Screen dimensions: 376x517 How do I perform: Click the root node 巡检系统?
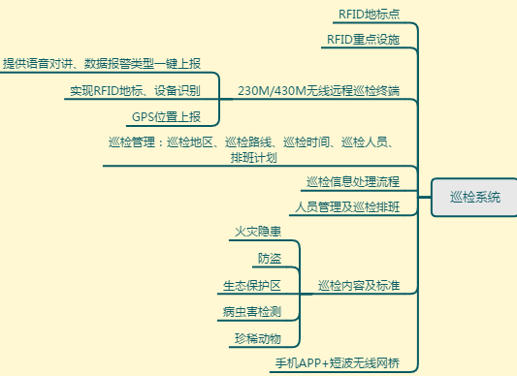point(475,197)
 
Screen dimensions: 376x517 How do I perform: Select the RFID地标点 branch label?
point(368,15)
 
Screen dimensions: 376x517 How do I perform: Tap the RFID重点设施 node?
point(361,39)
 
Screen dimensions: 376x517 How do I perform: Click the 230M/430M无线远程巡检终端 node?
point(318,91)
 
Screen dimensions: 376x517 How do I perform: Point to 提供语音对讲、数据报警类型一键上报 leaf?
point(102,64)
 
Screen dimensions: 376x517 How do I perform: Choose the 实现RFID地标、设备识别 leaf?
point(135,91)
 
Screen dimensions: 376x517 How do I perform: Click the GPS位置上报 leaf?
point(166,117)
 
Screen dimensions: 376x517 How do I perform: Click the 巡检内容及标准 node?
point(359,286)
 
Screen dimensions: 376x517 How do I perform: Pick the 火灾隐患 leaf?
point(258,233)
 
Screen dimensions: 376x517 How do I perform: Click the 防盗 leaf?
point(270,259)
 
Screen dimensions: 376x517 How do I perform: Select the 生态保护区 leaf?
point(251,286)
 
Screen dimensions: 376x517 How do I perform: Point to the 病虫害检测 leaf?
point(251,312)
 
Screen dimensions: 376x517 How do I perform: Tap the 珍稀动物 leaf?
point(257,339)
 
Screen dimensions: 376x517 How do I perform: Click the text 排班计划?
point(254,157)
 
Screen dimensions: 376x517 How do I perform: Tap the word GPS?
point(143,117)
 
